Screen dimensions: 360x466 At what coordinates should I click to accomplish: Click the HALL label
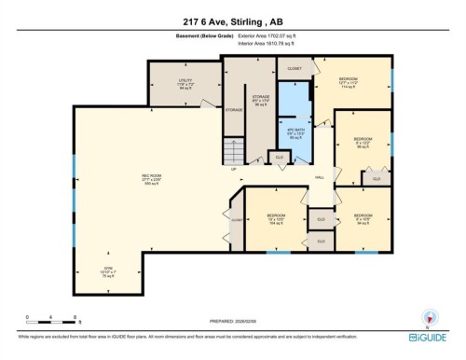pos(319,177)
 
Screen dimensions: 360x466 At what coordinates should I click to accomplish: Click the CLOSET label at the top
pos(295,69)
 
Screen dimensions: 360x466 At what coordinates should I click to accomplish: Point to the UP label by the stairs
pos(234,169)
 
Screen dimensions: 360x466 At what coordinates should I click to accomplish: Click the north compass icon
pos(430,317)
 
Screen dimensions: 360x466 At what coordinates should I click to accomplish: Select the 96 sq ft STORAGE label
pos(262,99)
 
